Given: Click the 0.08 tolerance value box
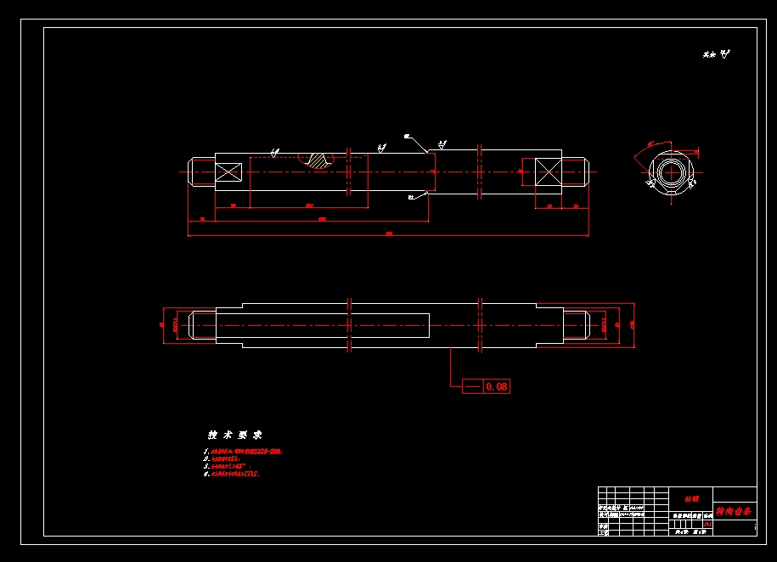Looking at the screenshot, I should (497, 386).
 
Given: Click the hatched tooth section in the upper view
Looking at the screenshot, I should (318, 160).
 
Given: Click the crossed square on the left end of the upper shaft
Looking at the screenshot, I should (228, 172).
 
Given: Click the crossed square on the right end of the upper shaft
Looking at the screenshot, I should (548, 172).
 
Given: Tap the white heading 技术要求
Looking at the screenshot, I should (235, 434).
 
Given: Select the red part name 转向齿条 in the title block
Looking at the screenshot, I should (733, 512).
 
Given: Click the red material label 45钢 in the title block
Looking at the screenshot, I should (690, 498).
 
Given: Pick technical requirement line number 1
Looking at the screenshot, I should (242, 452).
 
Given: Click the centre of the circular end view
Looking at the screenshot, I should (671, 171).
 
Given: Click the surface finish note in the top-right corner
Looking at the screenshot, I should (716, 54).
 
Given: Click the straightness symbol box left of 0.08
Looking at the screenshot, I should (472, 386).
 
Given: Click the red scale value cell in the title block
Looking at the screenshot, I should (707, 525).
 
